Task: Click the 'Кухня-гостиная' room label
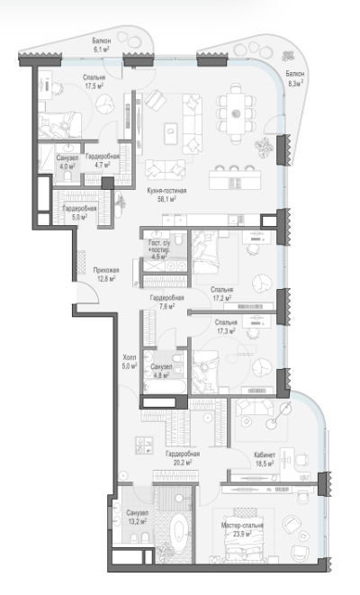coord(166,191)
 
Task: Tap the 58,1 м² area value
coord(166,198)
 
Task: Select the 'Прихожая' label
coord(106,270)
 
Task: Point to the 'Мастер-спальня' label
coord(242,526)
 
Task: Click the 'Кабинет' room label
coord(265,455)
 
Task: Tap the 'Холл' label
coord(130,357)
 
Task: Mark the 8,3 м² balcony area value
coord(296,84)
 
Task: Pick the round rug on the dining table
coord(235,113)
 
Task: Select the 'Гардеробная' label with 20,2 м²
coord(183,454)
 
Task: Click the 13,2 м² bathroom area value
coord(137,521)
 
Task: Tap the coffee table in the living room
coord(171,133)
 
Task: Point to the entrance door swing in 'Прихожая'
coord(88,293)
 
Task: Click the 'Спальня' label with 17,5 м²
coord(94,77)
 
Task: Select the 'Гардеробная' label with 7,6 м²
coord(166,298)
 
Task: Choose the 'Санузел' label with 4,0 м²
coord(67,158)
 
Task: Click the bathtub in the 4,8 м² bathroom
coord(166,387)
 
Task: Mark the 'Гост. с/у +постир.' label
coord(159,247)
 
